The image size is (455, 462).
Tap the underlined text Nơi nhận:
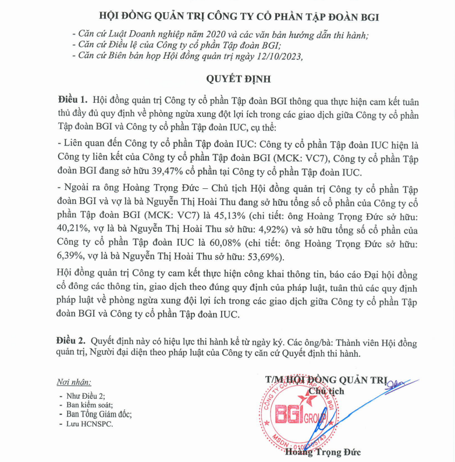(74, 382)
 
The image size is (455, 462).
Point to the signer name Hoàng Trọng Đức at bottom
(323, 452)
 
